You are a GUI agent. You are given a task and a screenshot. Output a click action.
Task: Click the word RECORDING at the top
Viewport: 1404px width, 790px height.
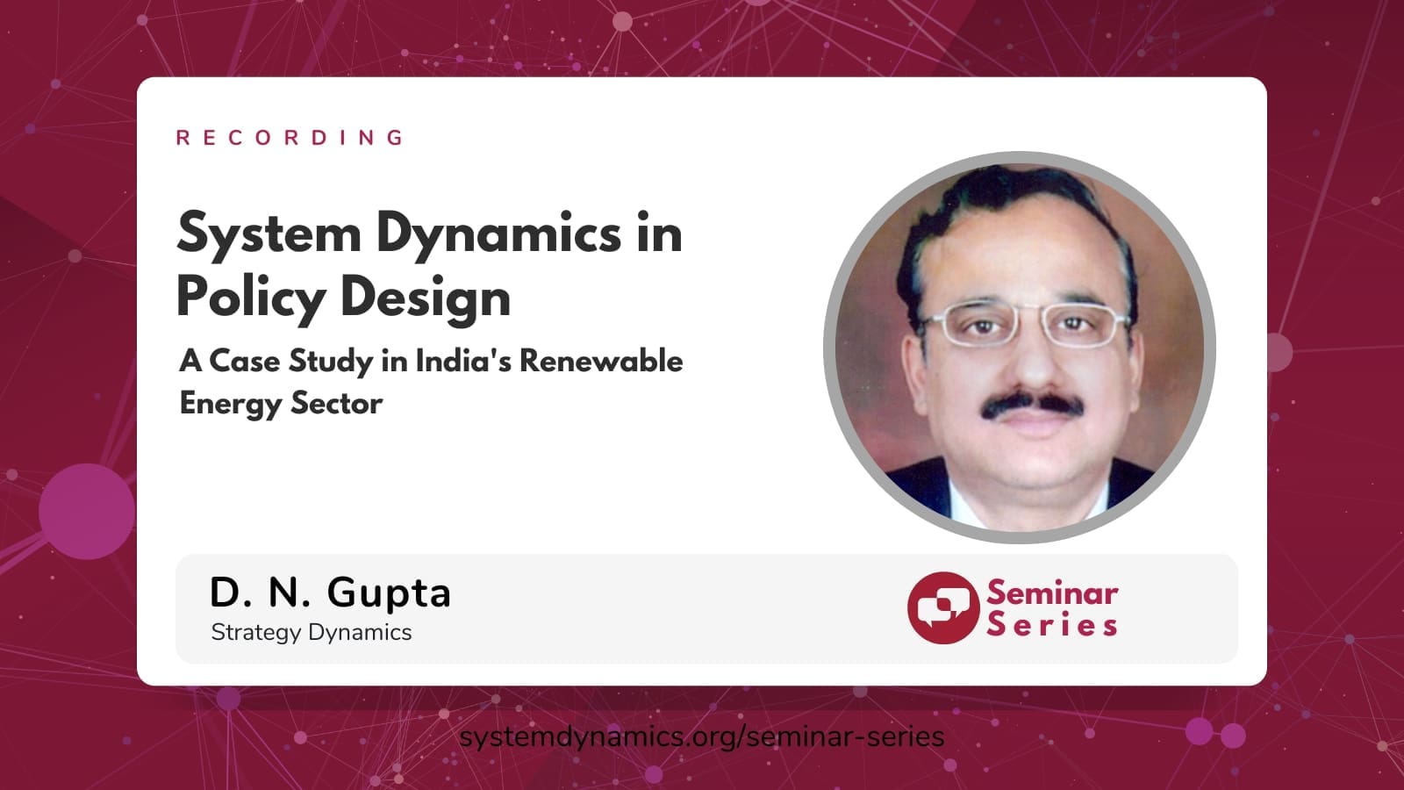coord(290,137)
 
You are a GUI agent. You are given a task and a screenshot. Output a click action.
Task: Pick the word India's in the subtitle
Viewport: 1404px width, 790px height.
coord(463,361)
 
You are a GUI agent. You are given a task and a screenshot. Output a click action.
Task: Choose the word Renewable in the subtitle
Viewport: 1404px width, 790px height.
coord(601,361)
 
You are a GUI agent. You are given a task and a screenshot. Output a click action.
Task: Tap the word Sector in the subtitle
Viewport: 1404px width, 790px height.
coord(337,403)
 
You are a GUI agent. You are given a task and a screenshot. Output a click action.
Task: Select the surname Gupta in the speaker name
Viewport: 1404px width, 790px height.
coord(389,593)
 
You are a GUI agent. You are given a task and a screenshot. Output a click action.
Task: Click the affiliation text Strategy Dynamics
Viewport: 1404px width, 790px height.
coord(312,633)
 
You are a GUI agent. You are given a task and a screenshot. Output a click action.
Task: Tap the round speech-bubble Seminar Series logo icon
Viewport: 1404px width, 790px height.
coord(943,607)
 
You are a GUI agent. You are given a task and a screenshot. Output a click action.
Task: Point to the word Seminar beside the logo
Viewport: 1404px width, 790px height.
coord(1052,592)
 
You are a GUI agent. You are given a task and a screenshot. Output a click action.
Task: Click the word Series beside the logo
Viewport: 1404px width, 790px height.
coord(1052,625)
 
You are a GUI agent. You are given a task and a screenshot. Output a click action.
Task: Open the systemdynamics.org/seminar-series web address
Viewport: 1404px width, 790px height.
coord(701,737)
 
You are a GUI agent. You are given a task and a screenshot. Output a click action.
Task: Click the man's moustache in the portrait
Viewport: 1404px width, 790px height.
coord(1032,406)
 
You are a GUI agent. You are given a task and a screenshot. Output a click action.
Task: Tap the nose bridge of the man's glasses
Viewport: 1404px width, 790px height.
coord(1028,312)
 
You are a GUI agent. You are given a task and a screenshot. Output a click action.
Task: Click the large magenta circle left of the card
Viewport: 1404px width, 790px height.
coord(87,512)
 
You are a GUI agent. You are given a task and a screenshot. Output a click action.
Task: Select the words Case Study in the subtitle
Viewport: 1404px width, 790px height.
coord(290,362)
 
